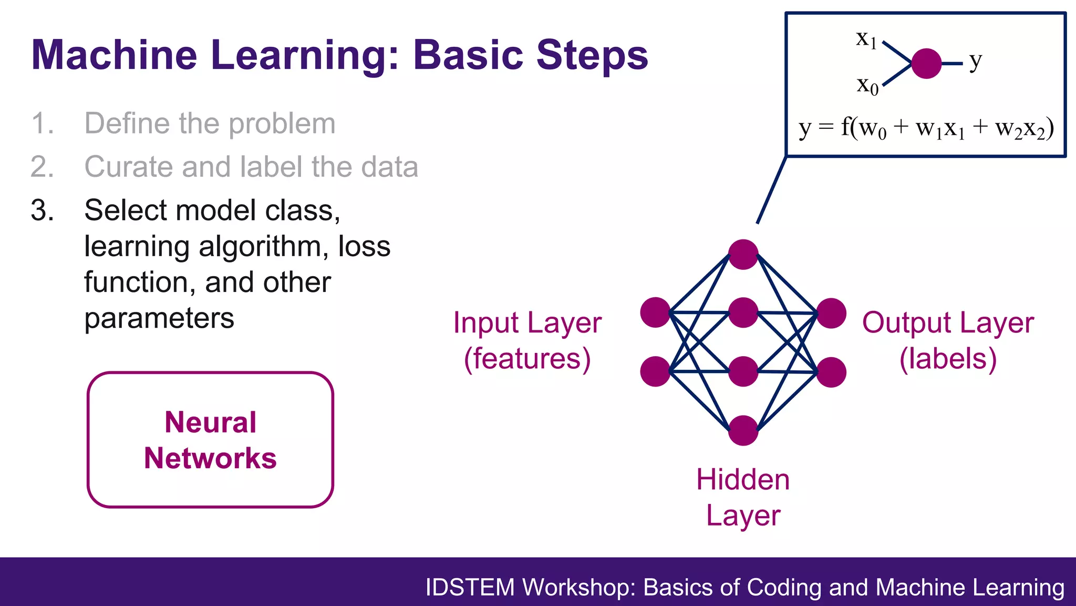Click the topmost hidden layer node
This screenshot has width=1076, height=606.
point(743,255)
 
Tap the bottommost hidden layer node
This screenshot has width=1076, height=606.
point(743,430)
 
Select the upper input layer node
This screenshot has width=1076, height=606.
point(655,312)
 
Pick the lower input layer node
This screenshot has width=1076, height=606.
point(655,371)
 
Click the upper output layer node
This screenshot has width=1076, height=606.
point(831,313)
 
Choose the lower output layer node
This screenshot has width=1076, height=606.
point(831,372)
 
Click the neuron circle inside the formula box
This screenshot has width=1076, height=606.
point(926,64)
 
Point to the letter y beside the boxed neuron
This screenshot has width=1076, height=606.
point(975,62)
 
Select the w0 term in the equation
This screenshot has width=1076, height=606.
point(873,129)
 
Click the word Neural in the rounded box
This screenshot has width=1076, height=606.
point(210,422)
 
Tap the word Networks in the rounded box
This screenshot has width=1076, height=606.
point(210,458)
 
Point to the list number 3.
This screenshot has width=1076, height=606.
point(42,210)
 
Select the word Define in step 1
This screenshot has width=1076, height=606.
point(127,124)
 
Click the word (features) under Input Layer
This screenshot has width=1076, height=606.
point(527,359)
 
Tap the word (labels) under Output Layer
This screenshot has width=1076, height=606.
point(948,359)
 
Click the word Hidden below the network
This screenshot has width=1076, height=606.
point(743,480)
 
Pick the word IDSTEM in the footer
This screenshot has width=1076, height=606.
point(470,588)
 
